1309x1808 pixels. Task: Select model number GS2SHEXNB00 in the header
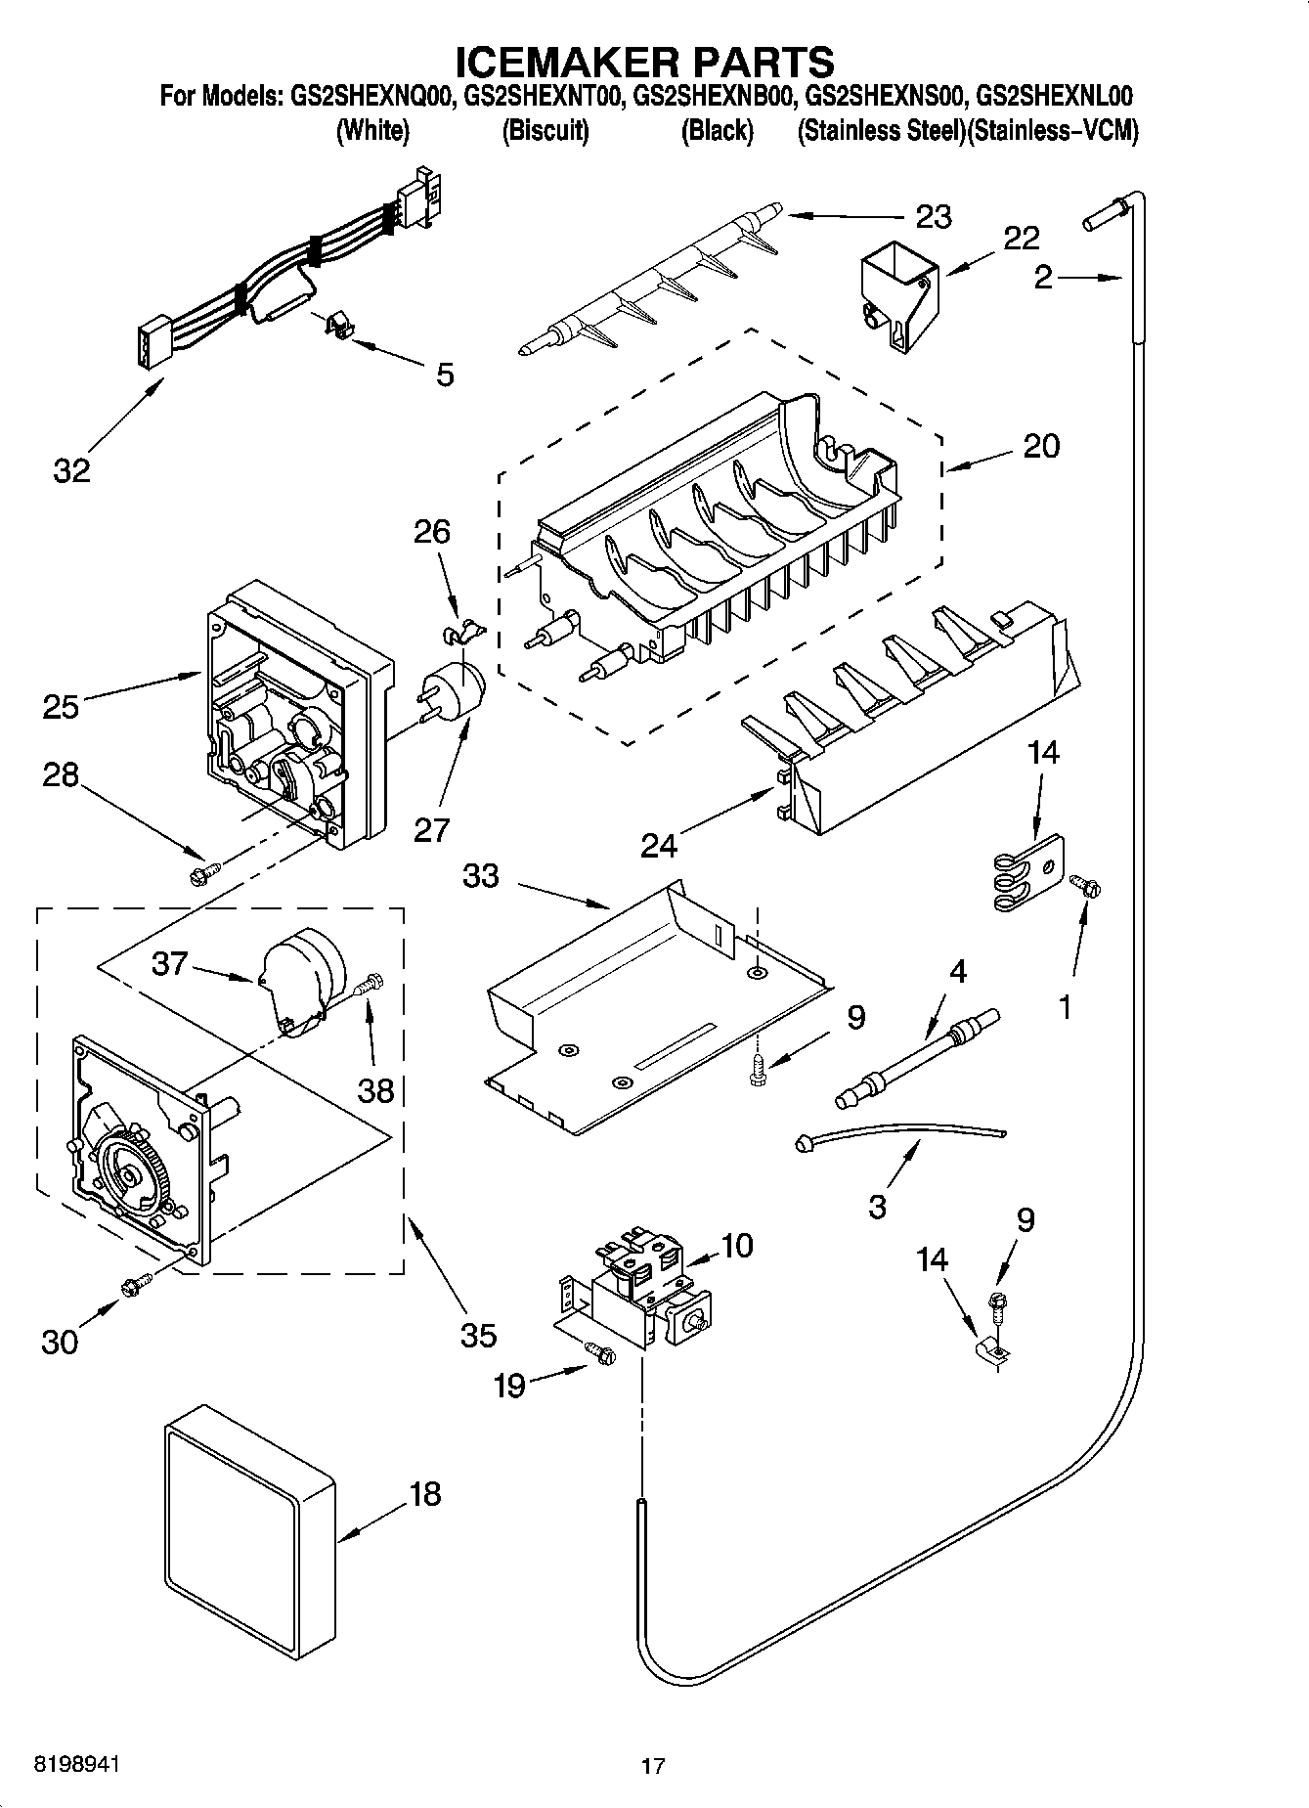pos(717,96)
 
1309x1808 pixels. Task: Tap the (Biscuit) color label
pos(545,131)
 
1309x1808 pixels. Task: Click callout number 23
pos(933,216)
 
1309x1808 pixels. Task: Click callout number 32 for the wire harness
pos(71,470)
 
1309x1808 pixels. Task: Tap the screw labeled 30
pos(135,1286)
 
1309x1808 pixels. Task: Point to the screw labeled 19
pos(599,1352)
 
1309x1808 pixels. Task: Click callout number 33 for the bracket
pos(480,876)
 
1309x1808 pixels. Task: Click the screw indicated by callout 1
pos(1083,886)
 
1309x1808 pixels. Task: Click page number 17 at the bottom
pos(653,1766)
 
